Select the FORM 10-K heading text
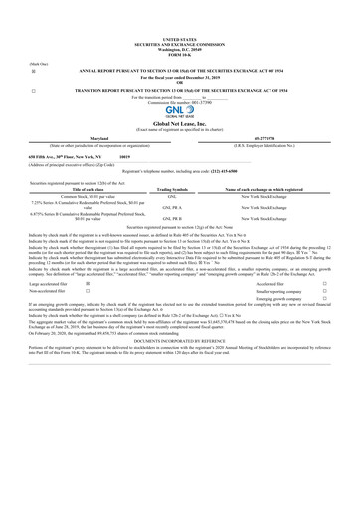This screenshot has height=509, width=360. coord(179,59)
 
